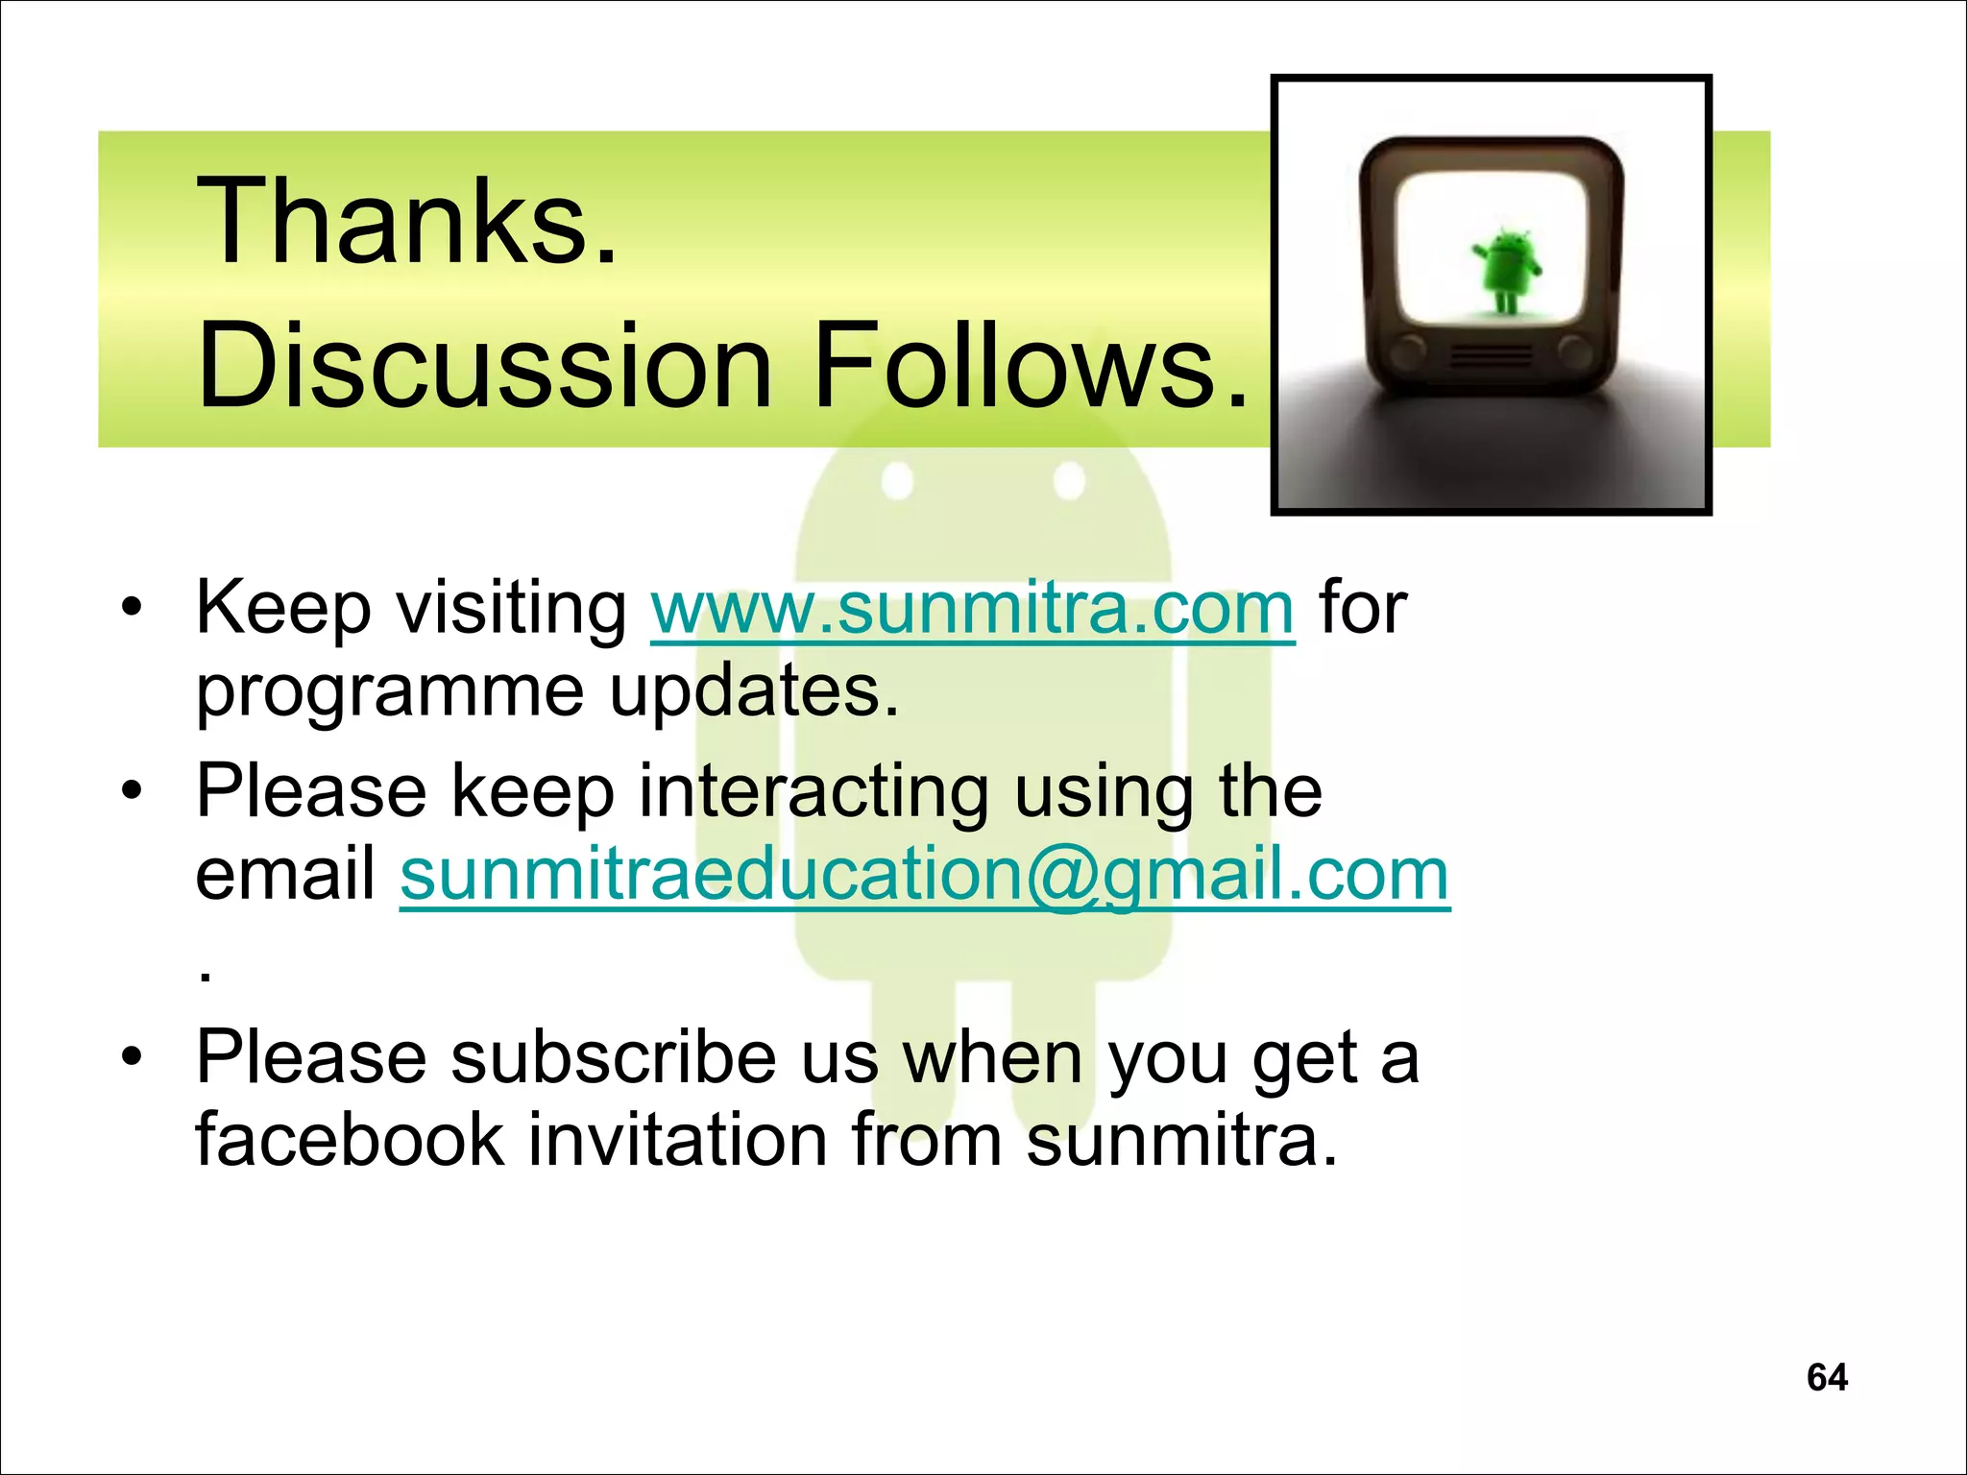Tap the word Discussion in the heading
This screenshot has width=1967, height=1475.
click(x=484, y=368)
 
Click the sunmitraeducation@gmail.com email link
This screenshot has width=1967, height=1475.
click(x=924, y=876)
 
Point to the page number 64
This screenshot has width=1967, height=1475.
click(x=1827, y=1377)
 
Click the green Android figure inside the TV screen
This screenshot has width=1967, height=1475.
click(x=1504, y=270)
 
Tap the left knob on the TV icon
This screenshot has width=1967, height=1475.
click(x=1408, y=353)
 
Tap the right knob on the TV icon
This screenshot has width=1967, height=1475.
click(x=1575, y=353)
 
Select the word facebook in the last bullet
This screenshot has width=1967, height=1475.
click(x=350, y=1141)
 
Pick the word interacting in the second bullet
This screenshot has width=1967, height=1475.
click(x=813, y=793)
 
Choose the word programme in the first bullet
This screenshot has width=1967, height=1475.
click(x=389, y=693)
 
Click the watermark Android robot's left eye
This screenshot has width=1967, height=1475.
click(x=897, y=480)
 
